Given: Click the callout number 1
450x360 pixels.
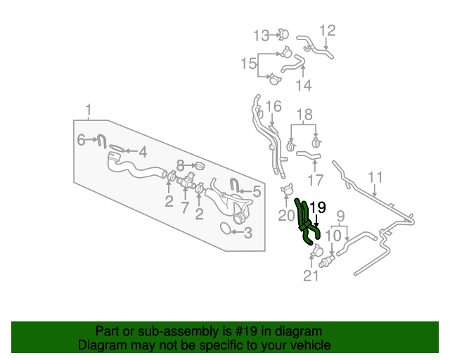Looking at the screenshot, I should [89, 110].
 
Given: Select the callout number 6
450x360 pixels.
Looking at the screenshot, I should [81, 141].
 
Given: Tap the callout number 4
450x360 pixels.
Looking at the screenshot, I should [142, 151].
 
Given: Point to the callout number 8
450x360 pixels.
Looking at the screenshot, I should [180, 165].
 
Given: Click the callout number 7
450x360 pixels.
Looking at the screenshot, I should [185, 208].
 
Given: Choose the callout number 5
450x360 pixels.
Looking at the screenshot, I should [257, 191].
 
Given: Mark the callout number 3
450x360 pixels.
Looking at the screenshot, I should [247, 233].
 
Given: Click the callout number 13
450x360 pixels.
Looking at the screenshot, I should [261, 34].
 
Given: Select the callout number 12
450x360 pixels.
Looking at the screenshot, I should [328, 30].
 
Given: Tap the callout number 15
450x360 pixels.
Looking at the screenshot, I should [249, 64].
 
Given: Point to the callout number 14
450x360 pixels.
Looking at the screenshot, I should [303, 85].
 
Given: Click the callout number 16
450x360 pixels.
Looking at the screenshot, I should [274, 106].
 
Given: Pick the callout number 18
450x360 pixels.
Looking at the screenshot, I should [303, 115].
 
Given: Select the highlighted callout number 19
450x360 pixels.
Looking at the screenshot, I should [318, 207].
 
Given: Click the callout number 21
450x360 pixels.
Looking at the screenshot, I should [311, 276].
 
